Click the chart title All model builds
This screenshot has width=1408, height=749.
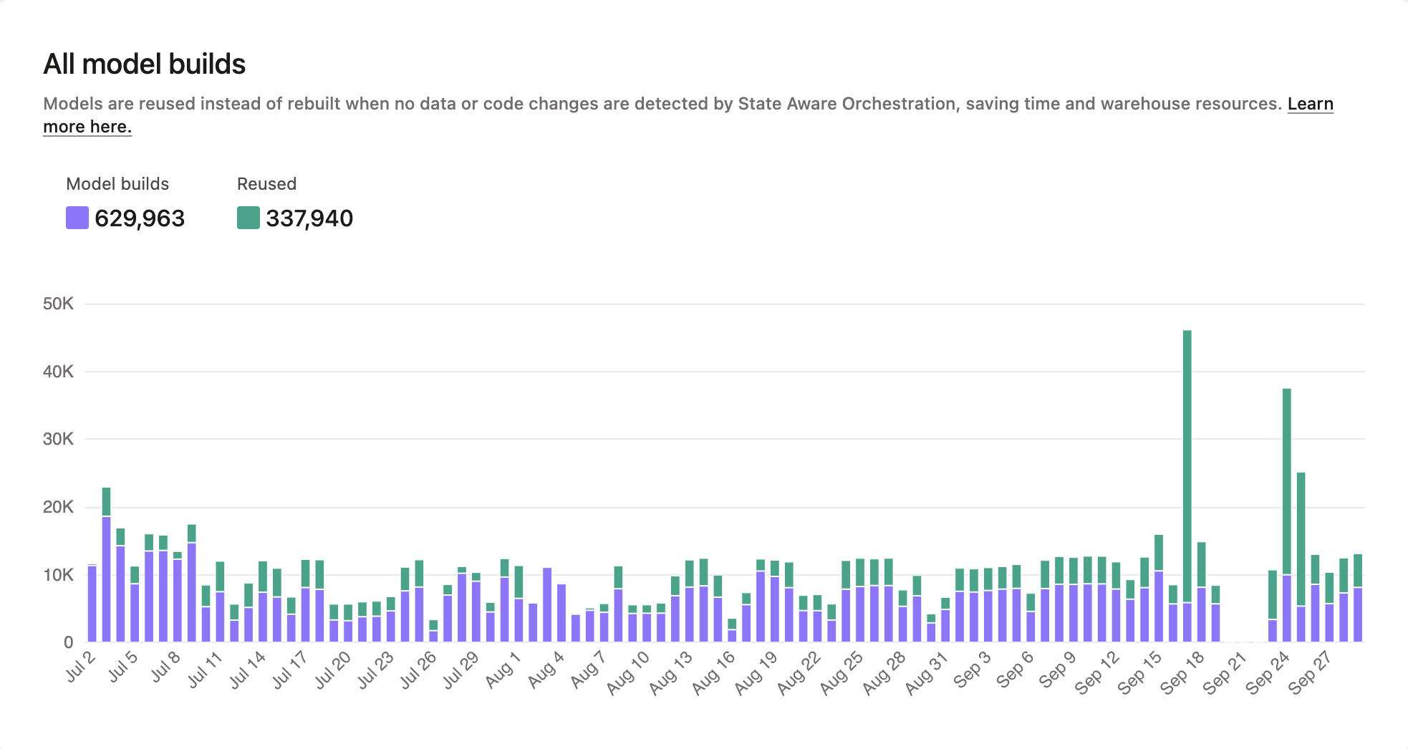point(144,64)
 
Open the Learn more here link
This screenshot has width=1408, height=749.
point(1310,105)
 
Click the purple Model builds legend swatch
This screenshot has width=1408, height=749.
point(77,218)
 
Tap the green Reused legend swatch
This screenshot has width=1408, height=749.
point(248,218)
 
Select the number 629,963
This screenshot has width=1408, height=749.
point(140,218)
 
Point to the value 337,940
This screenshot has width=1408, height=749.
point(309,218)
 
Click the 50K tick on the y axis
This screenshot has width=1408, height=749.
point(58,304)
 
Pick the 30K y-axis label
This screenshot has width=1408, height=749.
point(58,439)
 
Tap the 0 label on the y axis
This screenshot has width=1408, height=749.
point(68,642)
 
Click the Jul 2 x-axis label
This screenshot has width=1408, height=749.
point(81,667)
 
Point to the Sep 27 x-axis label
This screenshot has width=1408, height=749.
point(1309,673)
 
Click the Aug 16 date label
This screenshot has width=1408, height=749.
point(714,673)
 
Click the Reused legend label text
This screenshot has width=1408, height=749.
point(266,184)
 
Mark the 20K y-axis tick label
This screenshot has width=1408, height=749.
point(58,507)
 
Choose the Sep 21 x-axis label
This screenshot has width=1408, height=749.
point(1225,673)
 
